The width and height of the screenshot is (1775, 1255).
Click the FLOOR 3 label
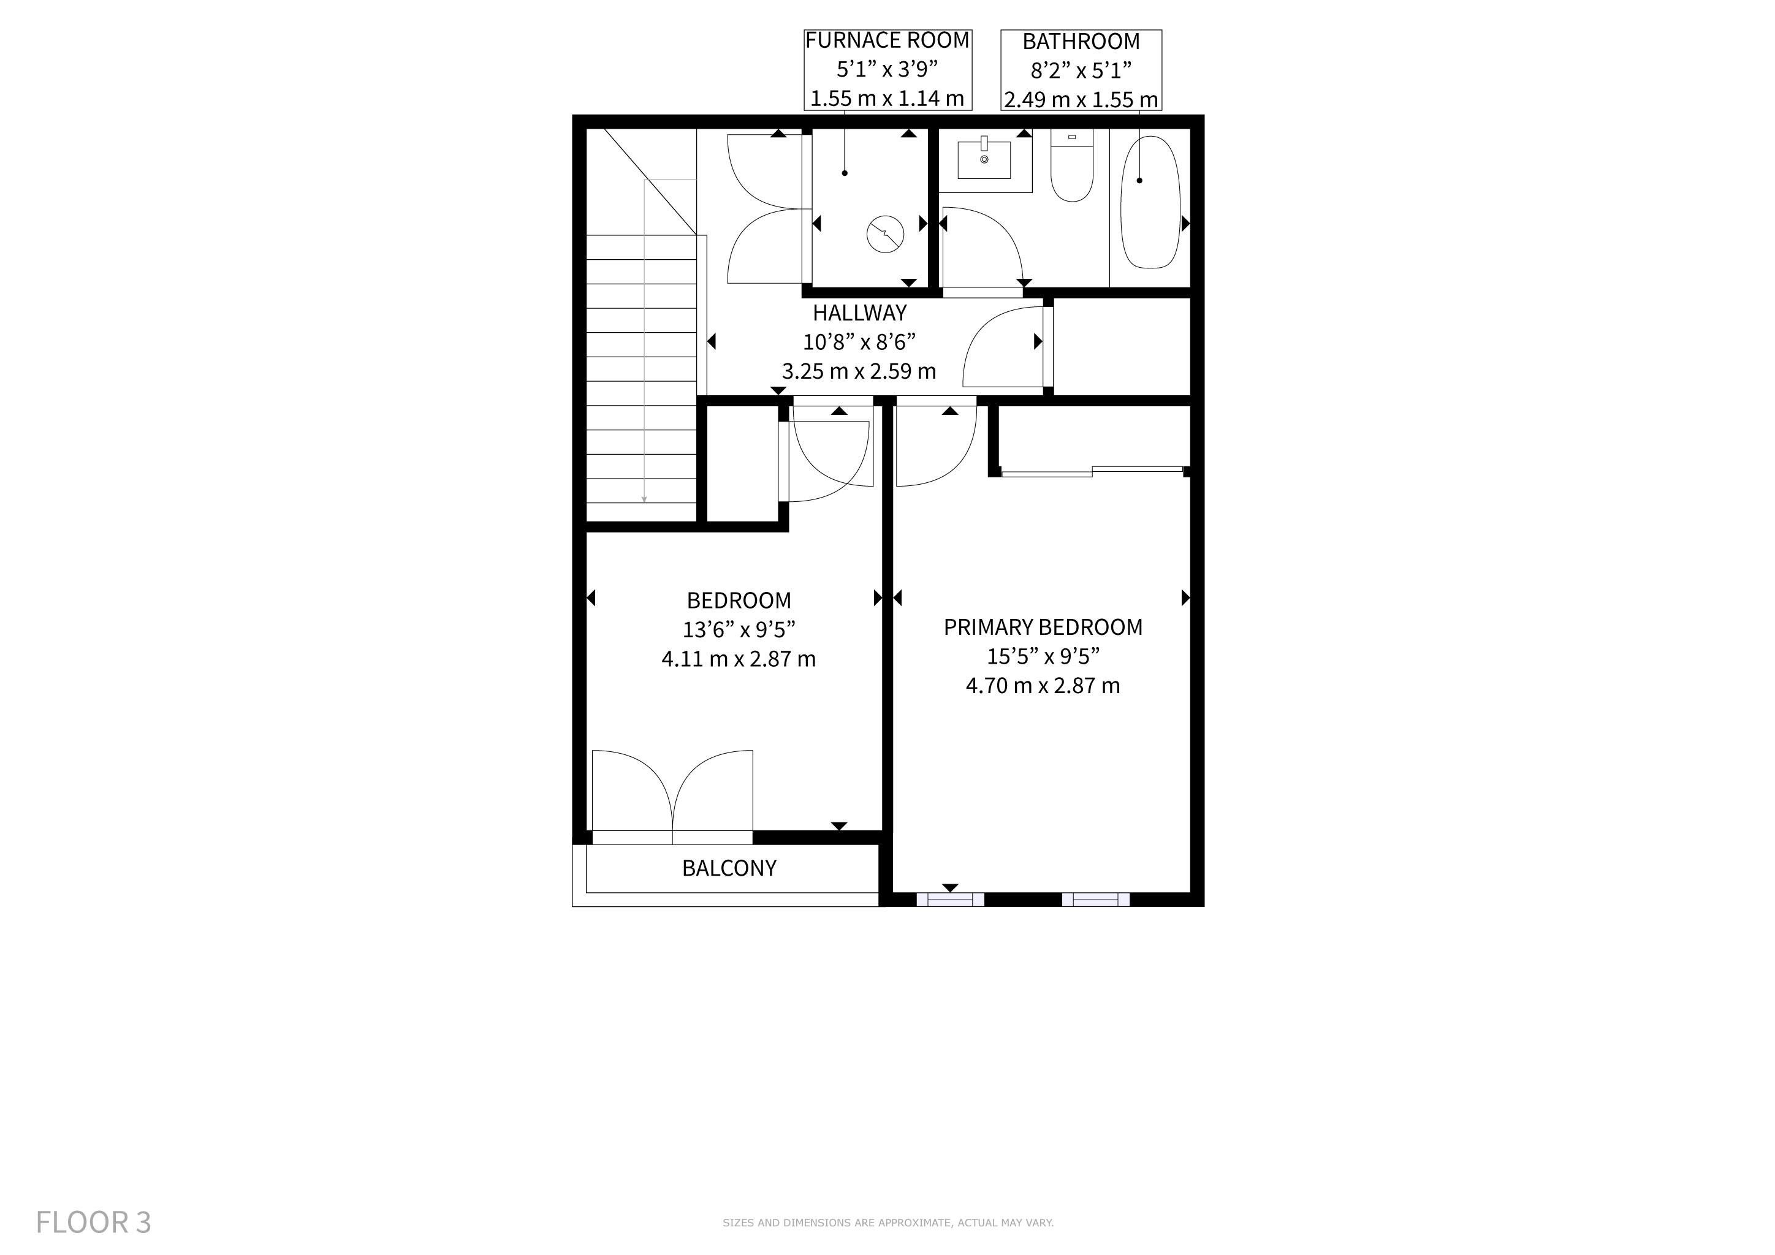pyautogui.click(x=94, y=1222)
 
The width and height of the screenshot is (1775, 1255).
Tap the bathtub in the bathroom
pyautogui.click(x=1151, y=202)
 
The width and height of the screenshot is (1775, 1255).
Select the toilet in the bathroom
pyautogui.click(x=1071, y=165)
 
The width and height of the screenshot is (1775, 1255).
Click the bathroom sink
pyautogui.click(x=984, y=159)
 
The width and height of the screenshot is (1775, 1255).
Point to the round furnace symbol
pyautogui.click(x=886, y=233)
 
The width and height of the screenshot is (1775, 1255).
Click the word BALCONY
pyautogui.click(x=729, y=868)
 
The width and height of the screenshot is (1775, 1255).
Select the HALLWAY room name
pyautogui.click(x=860, y=313)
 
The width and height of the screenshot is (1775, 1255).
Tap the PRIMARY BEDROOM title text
pyautogui.click(x=1043, y=627)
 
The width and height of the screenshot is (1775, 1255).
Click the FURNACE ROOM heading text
pyautogui.click(x=887, y=40)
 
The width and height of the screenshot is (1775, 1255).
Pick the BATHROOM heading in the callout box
pyautogui.click(x=1081, y=41)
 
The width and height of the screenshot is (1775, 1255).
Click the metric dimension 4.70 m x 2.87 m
pyautogui.click(x=1043, y=686)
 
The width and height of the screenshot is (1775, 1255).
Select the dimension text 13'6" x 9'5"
pyautogui.click(x=739, y=629)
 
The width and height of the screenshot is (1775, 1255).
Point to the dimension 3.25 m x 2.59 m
pyautogui.click(x=859, y=372)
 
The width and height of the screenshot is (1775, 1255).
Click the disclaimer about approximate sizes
pyautogui.click(x=888, y=1223)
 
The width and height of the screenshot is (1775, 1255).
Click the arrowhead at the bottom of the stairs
pyautogui.click(x=644, y=500)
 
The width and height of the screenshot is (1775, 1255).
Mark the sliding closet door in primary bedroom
pyautogui.click(x=1092, y=471)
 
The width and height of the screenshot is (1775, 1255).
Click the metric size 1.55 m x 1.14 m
pyautogui.click(x=887, y=99)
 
